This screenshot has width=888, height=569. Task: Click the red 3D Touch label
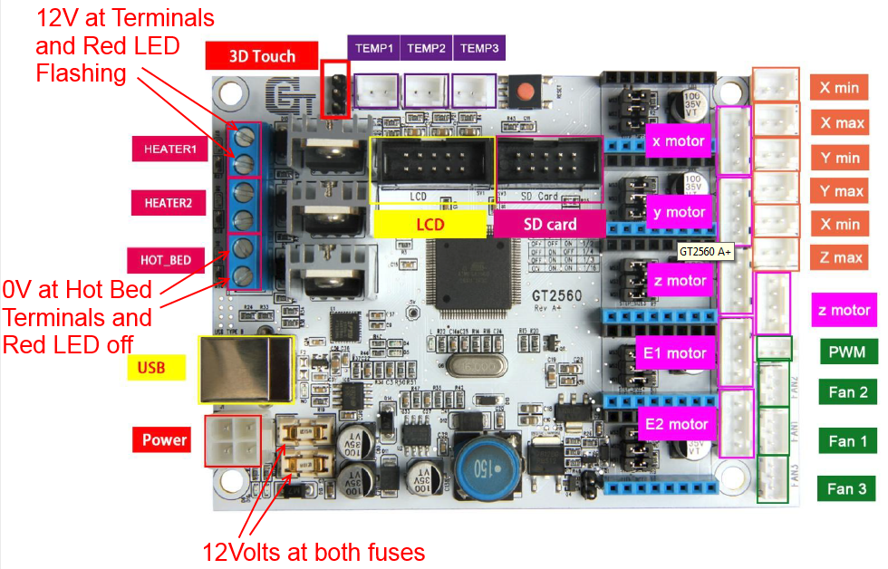pos(262,56)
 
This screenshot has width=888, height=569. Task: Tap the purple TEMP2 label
pos(426,49)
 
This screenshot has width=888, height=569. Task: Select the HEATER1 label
pos(169,149)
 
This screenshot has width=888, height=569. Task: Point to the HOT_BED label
pos(166,260)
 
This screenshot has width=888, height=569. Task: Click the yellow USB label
pos(151,367)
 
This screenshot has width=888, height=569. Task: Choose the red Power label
pos(164,440)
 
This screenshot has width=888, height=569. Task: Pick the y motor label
pos(679,212)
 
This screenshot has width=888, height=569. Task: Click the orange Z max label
pos(841,257)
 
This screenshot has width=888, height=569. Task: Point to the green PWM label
pos(846,352)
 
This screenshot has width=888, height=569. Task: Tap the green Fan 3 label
pos(847,489)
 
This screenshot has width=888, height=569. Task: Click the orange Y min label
pos(840,158)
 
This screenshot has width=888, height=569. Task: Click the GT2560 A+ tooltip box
pos(705,252)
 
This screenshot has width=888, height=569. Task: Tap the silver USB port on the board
pos(244,371)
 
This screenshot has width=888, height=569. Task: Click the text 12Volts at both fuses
pos(314,551)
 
